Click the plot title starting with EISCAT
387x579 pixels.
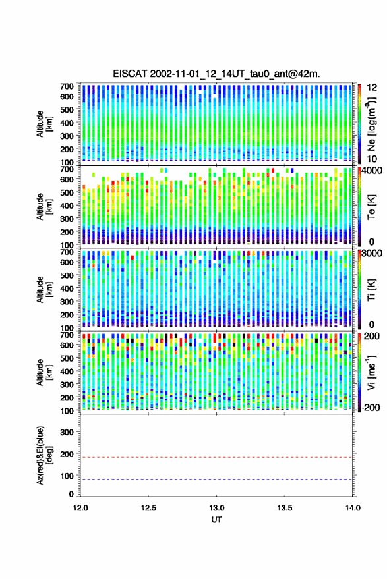point(216,74)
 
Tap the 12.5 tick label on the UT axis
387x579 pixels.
point(148,508)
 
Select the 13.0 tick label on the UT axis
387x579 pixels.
point(217,508)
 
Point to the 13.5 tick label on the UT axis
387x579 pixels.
point(285,508)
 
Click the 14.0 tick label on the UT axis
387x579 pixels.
point(353,508)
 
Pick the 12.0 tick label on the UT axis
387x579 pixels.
point(80,508)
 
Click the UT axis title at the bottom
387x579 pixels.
point(216,520)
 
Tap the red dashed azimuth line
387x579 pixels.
point(216,457)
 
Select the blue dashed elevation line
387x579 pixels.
point(216,480)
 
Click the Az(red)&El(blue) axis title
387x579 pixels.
point(44,455)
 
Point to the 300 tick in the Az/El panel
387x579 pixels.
point(67,432)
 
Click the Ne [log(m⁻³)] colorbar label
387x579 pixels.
point(371,124)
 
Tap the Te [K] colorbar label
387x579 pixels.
point(371,207)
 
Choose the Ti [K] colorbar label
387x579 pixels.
point(371,290)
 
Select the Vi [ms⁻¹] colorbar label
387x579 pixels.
point(371,372)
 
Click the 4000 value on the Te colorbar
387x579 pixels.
point(372,171)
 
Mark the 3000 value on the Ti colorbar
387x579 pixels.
point(372,254)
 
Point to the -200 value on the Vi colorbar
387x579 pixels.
point(371,408)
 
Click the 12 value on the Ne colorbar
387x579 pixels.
point(372,88)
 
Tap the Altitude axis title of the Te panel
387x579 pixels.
point(44,206)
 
